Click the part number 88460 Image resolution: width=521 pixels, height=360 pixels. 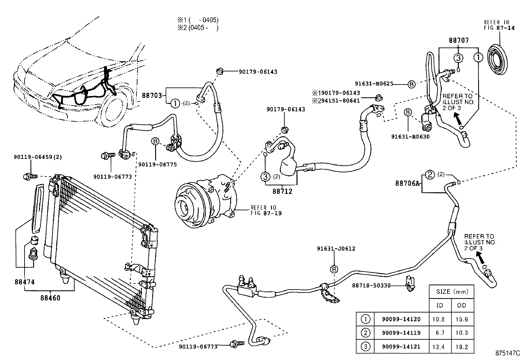50,298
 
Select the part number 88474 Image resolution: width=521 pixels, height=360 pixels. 24,282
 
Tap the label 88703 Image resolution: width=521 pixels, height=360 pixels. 152,95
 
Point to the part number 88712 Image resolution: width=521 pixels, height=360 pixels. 282,191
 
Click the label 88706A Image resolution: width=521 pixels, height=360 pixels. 407,183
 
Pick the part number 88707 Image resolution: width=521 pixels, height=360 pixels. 458,41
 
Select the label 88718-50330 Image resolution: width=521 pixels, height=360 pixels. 371,286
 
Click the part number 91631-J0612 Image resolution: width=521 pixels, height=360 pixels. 336,249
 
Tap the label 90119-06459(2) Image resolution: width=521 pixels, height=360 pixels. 38,157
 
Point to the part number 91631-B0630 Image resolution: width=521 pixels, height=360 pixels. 410,137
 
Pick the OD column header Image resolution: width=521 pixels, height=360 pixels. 461,305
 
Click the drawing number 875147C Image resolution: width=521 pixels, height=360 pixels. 507,353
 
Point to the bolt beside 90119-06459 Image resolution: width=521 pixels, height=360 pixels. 30,177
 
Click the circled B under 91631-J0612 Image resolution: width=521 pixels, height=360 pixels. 334,269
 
